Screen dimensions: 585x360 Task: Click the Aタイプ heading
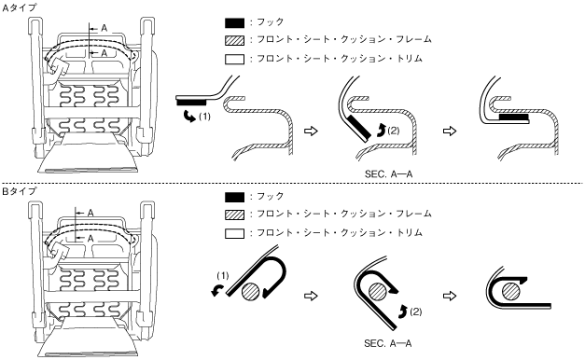coord(20,7)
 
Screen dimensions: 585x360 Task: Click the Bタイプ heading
coord(20,191)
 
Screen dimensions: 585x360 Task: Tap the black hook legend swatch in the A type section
coord(235,23)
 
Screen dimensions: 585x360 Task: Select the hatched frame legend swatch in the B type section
coord(235,215)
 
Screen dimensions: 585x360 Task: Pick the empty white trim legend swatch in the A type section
coord(235,60)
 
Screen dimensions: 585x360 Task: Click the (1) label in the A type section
coord(204,117)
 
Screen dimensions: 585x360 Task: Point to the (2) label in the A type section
coord(393,131)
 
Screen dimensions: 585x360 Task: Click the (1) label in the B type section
coord(223,276)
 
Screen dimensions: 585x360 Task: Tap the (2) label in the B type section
coord(415,312)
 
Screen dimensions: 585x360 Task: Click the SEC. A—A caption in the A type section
coord(388,174)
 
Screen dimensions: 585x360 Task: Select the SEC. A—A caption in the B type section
coord(387,343)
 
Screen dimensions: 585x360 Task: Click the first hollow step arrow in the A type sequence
coord(311,131)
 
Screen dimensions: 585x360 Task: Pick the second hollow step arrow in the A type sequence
coord(450,131)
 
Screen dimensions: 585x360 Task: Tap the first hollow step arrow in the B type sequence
coord(311,296)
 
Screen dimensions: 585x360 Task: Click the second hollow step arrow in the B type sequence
coord(450,296)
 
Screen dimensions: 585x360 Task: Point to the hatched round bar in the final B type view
coord(510,291)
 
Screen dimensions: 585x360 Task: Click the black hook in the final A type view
coord(514,118)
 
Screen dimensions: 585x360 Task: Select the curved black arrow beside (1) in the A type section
coord(189,117)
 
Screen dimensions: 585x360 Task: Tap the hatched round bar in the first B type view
coord(251,291)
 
